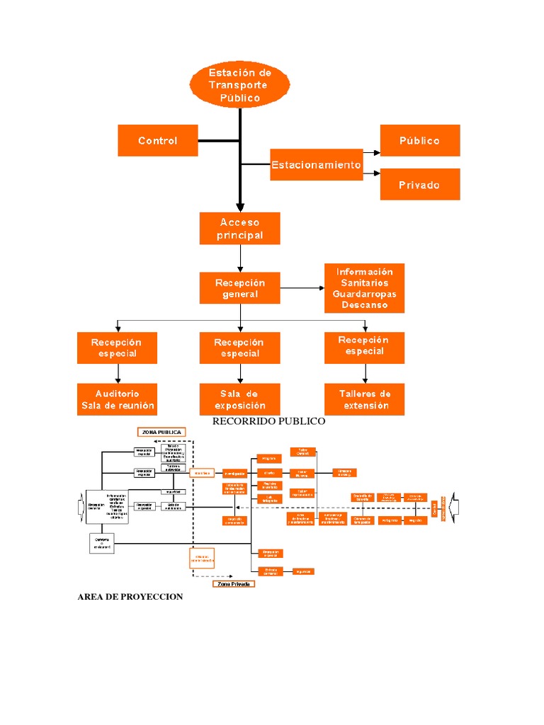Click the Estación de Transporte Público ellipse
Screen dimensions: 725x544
pos(239,85)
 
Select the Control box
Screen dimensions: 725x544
pos(158,140)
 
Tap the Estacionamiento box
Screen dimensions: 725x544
pos(317,164)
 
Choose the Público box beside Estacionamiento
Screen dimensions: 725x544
pos(420,140)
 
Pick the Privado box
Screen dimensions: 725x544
pos(420,184)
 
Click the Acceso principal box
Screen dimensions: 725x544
pos(240,229)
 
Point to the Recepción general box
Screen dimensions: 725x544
pos(240,288)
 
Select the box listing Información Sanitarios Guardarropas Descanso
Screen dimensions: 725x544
pos(365,288)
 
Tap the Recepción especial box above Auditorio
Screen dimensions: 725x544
pos(118,348)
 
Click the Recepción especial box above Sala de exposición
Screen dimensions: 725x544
pos(240,348)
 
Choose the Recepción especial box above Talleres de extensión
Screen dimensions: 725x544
pos(365,346)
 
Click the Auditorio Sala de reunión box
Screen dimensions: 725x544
pos(118,399)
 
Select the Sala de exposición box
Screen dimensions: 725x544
pos(240,399)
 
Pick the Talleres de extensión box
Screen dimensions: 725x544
pos(365,399)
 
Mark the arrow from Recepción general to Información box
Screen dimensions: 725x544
pos(302,288)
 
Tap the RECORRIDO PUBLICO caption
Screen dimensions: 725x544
pos(269,421)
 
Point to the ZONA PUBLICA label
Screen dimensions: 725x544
pos(161,432)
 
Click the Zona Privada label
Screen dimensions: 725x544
pos(233,584)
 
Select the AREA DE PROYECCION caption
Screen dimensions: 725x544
pos(130,597)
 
